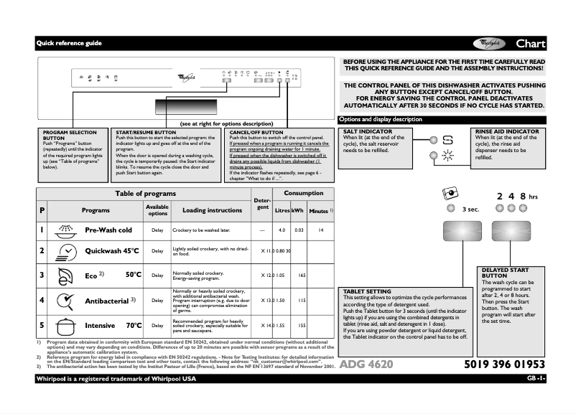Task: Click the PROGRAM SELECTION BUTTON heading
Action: coord(70,135)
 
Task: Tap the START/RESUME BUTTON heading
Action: coord(146,133)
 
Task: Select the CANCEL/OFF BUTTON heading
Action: coord(256,133)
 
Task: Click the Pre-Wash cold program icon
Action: coord(66,230)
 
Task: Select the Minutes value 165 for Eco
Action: coord(302,276)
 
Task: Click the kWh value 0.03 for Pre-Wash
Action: coord(299,230)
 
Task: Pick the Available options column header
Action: coord(157,210)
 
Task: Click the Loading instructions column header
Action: coord(212,210)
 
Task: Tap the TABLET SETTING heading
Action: coord(367,291)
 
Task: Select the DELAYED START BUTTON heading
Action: coord(504,272)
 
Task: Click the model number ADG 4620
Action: coord(366,364)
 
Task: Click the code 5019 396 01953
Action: coord(504,364)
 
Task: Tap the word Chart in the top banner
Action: coord(530,44)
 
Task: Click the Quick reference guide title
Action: coord(70,44)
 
